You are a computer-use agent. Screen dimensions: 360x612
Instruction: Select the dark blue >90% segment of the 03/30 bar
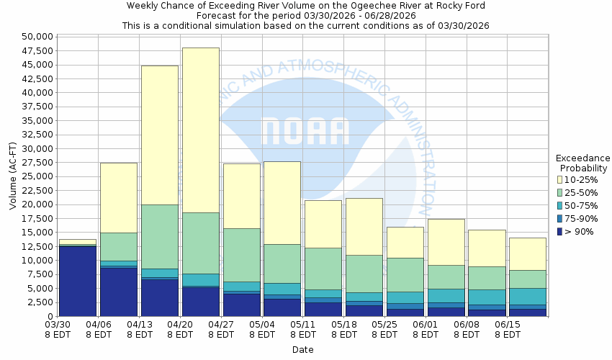(x=77, y=281)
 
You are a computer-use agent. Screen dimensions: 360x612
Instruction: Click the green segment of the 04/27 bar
(x=241, y=255)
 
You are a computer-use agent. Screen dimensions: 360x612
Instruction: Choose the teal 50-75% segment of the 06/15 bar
(x=528, y=296)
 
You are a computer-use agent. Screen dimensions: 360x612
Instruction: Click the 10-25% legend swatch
(x=561, y=179)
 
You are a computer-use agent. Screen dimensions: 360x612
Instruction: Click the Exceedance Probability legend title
(x=582, y=163)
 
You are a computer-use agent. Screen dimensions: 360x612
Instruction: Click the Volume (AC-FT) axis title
(x=13, y=177)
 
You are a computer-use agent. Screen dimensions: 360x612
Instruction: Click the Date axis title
(x=302, y=349)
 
